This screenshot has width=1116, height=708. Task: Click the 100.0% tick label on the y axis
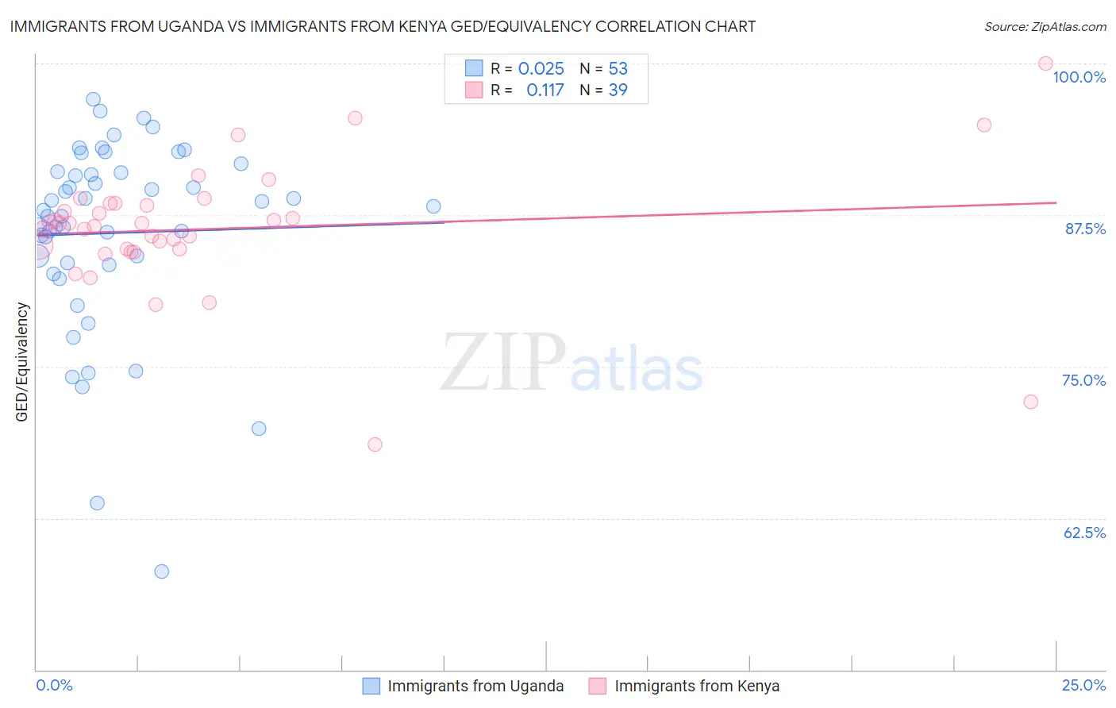[1079, 77]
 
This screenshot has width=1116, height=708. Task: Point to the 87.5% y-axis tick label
[1085, 229]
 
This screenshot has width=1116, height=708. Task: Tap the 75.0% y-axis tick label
[1083, 380]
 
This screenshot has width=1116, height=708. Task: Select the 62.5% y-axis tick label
[1084, 533]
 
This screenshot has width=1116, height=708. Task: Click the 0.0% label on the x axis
[54, 685]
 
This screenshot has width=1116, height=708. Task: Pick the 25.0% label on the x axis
[1083, 685]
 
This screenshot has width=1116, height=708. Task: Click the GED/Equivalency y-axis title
[22, 362]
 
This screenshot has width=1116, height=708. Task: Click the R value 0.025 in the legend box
[541, 69]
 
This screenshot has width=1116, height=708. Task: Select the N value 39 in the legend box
[618, 90]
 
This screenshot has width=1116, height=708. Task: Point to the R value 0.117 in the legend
[545, 90]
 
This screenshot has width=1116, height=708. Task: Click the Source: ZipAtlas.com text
[1045, 27]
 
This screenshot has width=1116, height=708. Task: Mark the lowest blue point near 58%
[162, 571]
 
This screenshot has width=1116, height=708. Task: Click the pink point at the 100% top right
[1045, 63]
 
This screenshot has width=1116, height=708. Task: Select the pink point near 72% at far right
[1030, 402]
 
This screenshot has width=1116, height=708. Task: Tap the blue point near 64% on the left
[97, 503]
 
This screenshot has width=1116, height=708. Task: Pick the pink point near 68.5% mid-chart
[375, 444]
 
